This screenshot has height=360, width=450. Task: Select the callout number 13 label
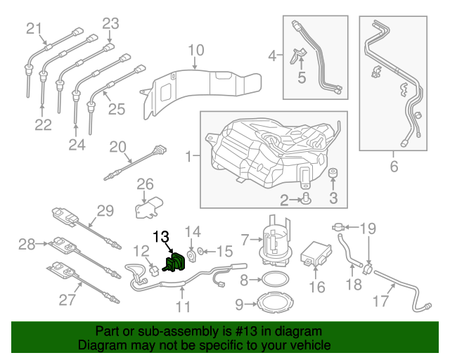[162, 237]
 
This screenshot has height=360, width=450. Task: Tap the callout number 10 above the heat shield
[196, 50]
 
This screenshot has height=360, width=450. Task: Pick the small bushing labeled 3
[333, 174]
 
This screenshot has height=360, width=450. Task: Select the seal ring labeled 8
[271, 281]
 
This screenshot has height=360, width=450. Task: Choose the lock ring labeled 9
[271, 304]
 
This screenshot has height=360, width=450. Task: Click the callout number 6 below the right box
[394, 167]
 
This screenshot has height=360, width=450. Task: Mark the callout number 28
[27, 245]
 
